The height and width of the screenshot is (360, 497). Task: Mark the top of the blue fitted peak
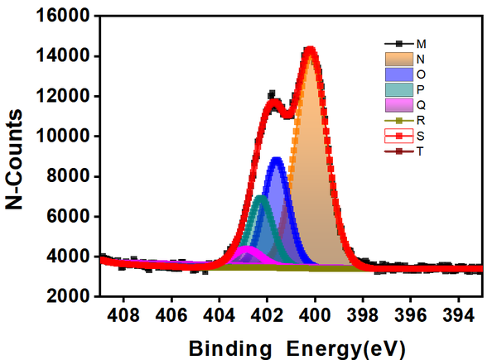277,159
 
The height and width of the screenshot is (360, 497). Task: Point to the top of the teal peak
261,197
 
